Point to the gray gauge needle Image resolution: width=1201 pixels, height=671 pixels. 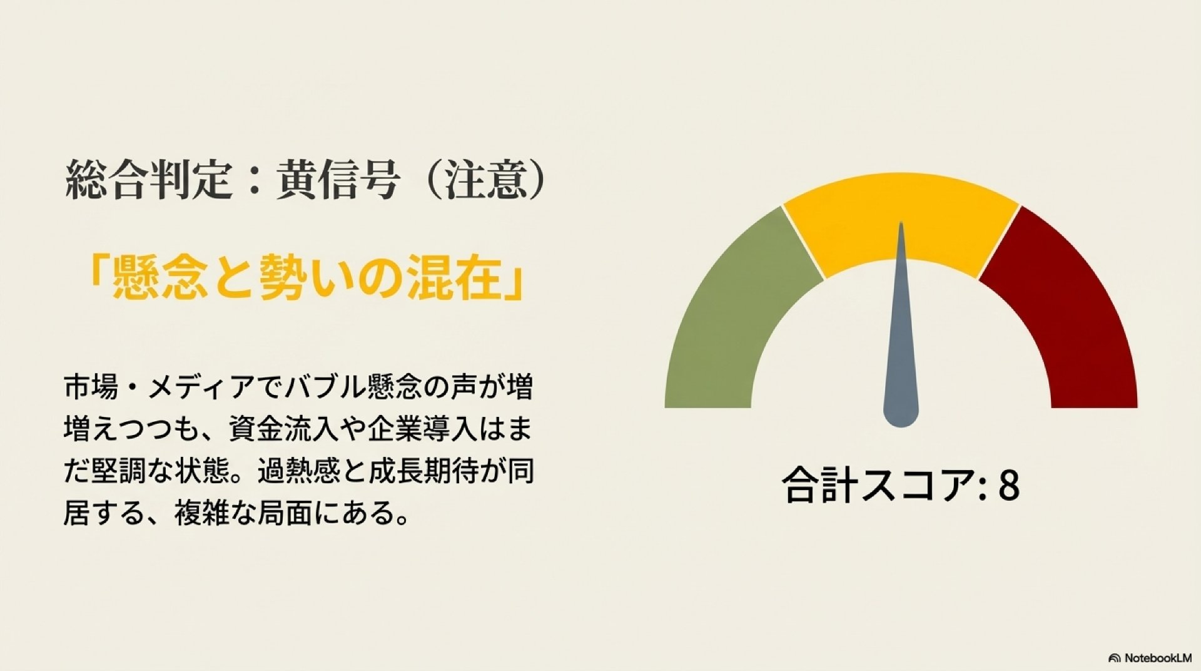click(901, 351)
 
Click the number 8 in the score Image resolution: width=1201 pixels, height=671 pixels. click(1008, 485)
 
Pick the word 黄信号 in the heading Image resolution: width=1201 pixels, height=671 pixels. click(338, 180)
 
